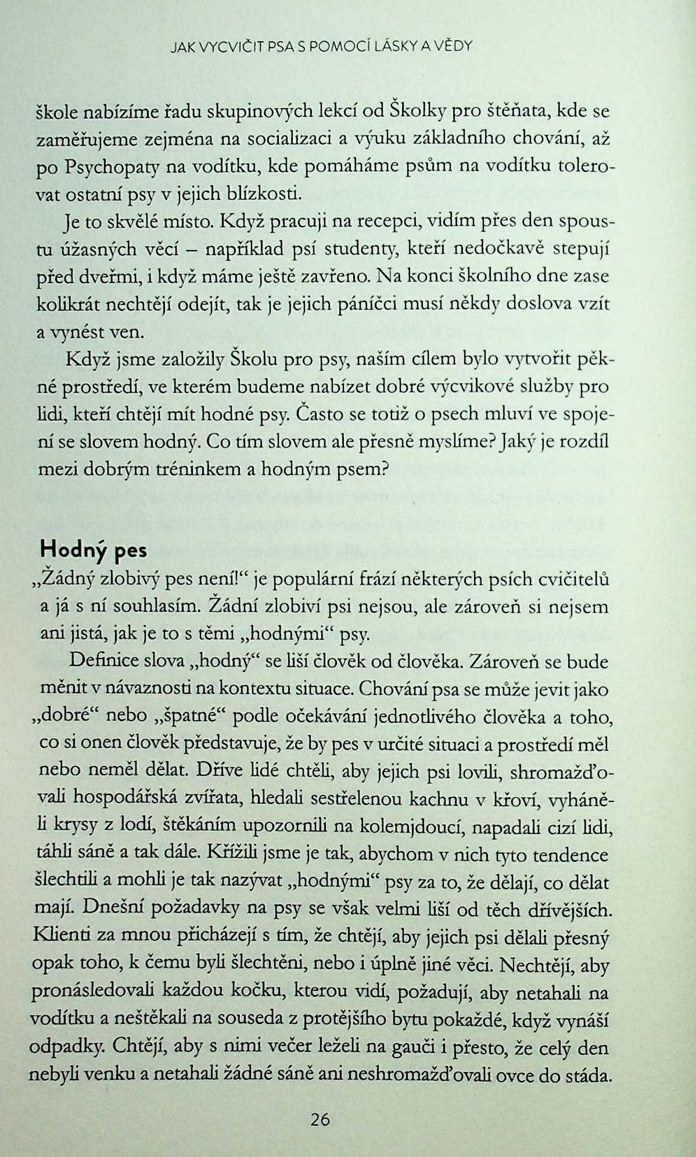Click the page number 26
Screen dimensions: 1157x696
click(x=320, y=1119)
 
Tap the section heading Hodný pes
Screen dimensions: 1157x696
click(x=92, y=549)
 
